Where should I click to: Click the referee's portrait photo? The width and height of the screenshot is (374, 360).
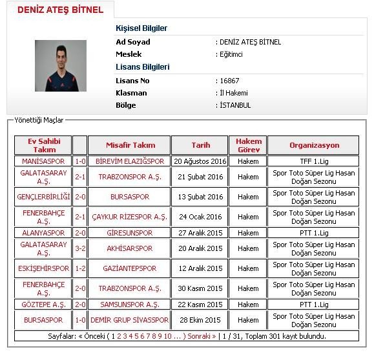pos(61,66)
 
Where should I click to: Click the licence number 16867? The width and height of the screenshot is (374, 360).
pos(229,81)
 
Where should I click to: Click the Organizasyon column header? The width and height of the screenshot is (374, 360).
pos(314,145)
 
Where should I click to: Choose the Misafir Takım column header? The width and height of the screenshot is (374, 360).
pos(130,145)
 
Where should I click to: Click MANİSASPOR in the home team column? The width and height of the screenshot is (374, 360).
pos(43,161)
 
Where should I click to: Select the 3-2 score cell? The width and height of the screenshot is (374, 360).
pos(80,248)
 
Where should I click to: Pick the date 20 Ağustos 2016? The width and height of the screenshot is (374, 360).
pos(200,161)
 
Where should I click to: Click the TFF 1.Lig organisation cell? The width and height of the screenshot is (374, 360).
pos(314,161)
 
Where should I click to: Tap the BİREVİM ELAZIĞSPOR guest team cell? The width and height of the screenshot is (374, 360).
pos(130,161)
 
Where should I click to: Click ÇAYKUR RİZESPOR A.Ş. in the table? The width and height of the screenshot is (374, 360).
pos(130,217)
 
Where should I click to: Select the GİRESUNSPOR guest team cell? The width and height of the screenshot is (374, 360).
pos(130,233)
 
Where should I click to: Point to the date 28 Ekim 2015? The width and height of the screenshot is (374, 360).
pos(200,320)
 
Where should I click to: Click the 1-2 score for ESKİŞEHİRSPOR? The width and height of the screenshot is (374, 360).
pos(80,268)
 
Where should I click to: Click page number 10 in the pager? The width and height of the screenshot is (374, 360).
pos(167,336)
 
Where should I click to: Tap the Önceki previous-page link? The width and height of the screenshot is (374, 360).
pos(94,336)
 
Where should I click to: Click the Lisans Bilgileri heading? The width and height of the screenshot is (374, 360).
pos(142,67)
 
